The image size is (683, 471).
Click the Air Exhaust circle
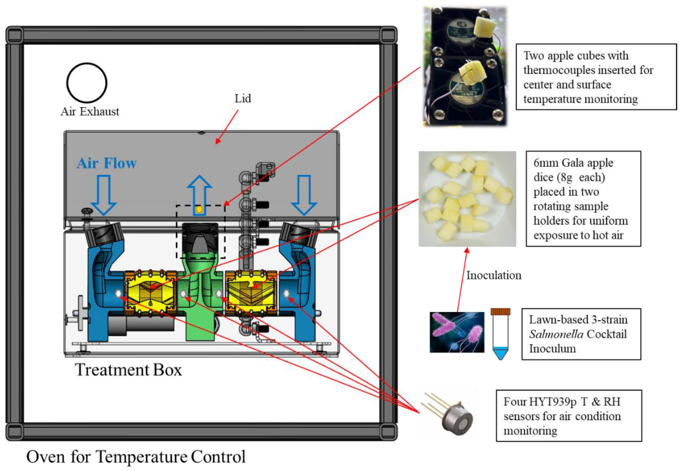click(87, 83)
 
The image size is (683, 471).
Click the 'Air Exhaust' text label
click(90, 112)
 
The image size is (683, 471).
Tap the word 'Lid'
click(243, 99)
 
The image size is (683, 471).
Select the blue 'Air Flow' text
click(107, 163)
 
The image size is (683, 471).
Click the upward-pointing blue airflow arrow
click(200, 192)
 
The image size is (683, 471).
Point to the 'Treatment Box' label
click(128, 370)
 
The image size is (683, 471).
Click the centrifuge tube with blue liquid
click(500, 333)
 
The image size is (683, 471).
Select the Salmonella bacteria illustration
click(457, 332)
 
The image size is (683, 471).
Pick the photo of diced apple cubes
click(467, 199)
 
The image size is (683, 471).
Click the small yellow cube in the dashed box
click(199, 209)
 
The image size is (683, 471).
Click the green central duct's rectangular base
click(200, 328)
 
